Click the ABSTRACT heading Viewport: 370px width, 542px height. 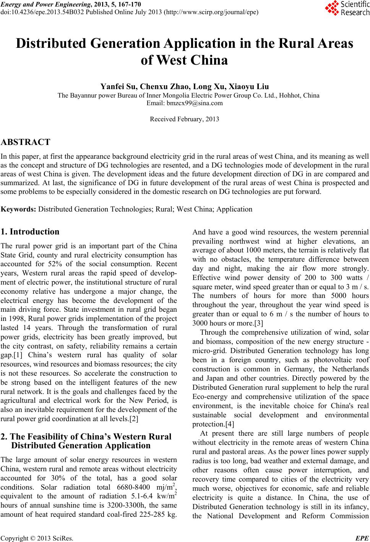coord(26,143)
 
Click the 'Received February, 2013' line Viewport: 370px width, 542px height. coord(185,119)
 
